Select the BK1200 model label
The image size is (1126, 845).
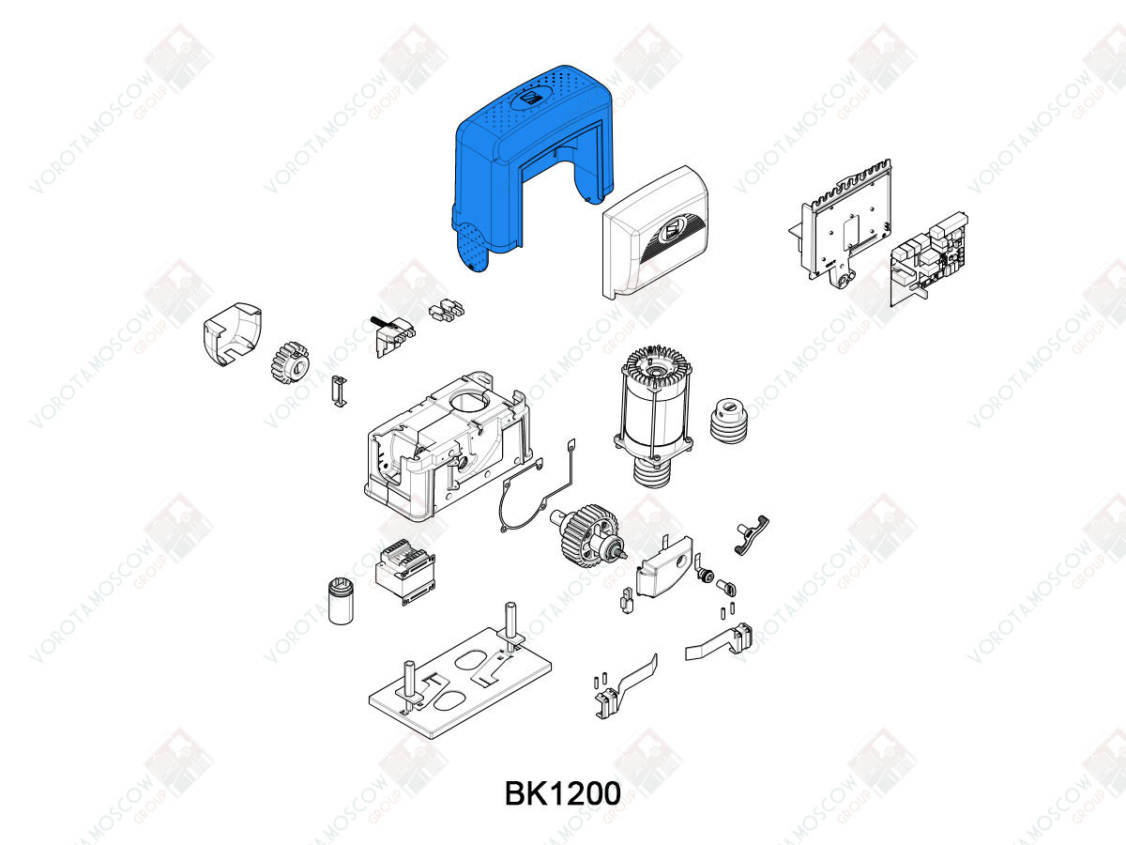[x=563, y=793]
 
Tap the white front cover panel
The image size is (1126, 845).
[x=654, y=234]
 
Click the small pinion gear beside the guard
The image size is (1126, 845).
[x=290, y=362]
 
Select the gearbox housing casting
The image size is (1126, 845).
[x=447, y=446]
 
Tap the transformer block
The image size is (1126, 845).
[x=405, y=572]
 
